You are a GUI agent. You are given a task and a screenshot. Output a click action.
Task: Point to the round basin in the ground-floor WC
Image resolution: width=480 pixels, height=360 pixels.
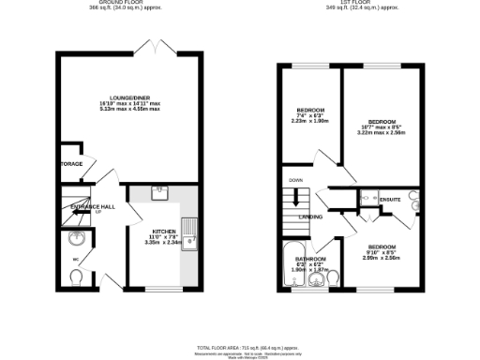(x=78, y=239)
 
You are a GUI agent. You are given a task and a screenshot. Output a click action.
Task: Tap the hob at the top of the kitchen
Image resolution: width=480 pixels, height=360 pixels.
(x=157, y=194)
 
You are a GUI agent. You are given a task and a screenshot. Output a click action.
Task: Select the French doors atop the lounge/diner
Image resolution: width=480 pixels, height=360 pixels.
(x=147, y=47)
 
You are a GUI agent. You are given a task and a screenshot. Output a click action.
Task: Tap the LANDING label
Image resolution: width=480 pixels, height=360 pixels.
(x=311, y=217)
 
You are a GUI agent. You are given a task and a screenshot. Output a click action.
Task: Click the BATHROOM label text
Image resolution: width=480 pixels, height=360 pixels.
(x=310, y=258)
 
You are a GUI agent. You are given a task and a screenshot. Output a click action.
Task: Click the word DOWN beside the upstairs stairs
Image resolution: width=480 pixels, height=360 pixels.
(x=296, y=179)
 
